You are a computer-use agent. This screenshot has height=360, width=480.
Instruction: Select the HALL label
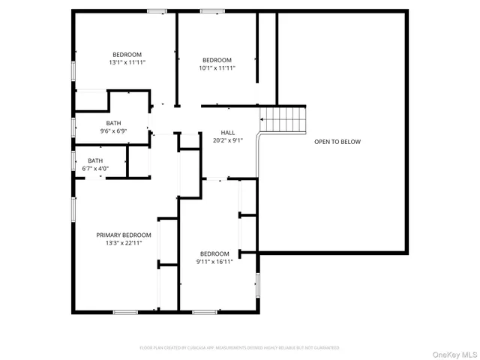(x=228, y=132)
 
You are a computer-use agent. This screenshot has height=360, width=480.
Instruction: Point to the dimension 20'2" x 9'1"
(x=228, y=140)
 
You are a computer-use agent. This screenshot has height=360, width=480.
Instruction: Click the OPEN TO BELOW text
(x=337, y=141)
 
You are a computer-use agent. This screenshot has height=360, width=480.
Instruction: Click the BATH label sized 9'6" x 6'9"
(x=113, y=123)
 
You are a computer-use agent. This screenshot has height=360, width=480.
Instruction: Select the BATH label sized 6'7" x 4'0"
(x=95, y=160)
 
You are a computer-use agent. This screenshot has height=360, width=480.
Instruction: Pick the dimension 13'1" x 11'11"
(x=127, y=63)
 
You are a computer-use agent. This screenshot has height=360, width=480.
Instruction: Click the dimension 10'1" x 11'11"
(x=217, y=68)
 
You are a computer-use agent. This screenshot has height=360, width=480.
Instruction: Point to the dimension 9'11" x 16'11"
(x=214, y=262)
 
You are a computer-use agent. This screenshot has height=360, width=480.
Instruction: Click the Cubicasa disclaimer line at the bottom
(x=239, y=348)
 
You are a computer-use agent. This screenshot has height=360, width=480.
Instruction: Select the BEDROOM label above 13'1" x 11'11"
(x=127, y=55)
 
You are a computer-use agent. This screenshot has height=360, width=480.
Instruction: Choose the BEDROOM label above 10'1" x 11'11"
(x=217, y=60)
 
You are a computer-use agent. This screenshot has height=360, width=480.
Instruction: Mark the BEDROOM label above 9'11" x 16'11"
(x=214, y=253)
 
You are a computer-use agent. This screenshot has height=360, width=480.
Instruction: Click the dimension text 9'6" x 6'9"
(x=113, y=131)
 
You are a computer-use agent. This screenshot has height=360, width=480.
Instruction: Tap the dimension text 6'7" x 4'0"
(x=95, y=169)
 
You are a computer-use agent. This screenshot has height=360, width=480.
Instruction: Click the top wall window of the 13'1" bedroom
(x=157, y=11)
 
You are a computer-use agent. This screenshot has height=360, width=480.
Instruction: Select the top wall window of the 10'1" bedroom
(x=212, y=11)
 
